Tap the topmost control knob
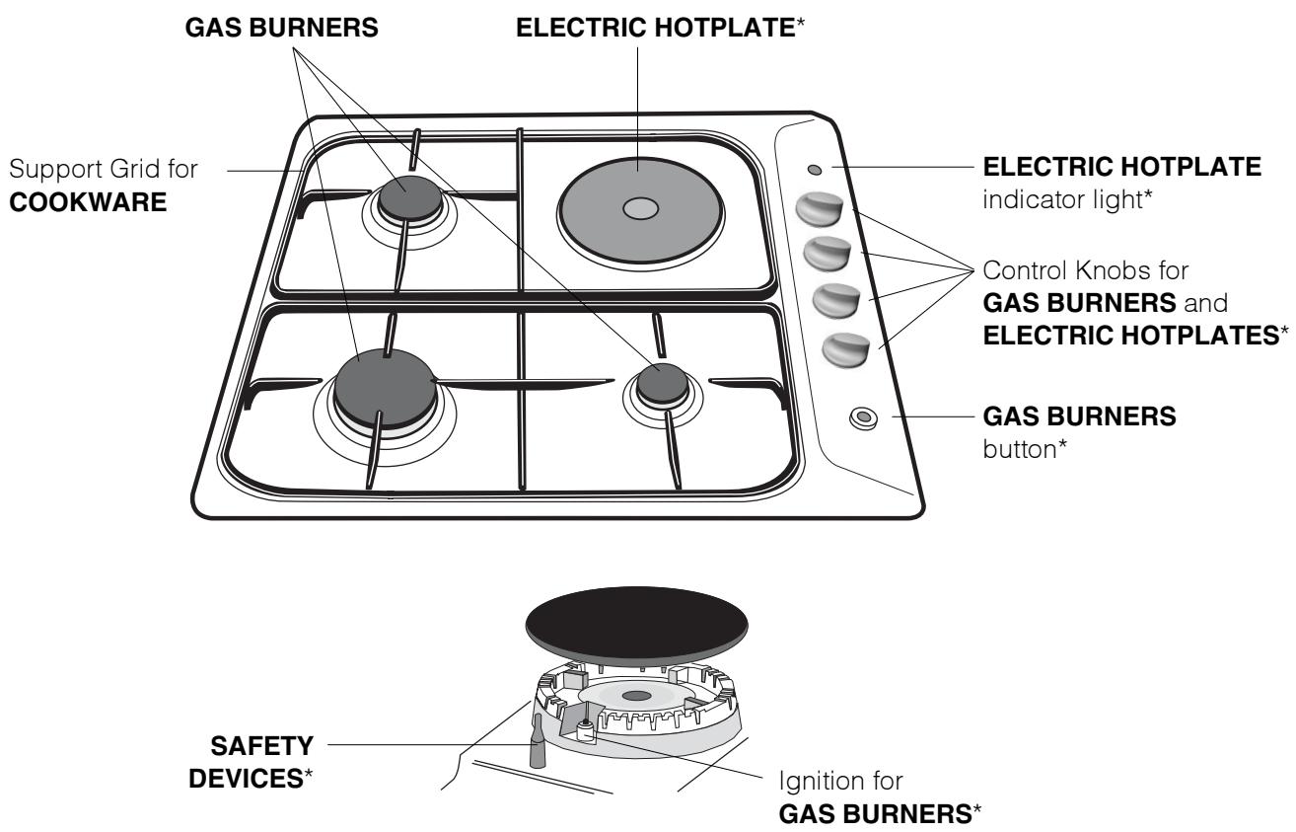coord(818,209)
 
